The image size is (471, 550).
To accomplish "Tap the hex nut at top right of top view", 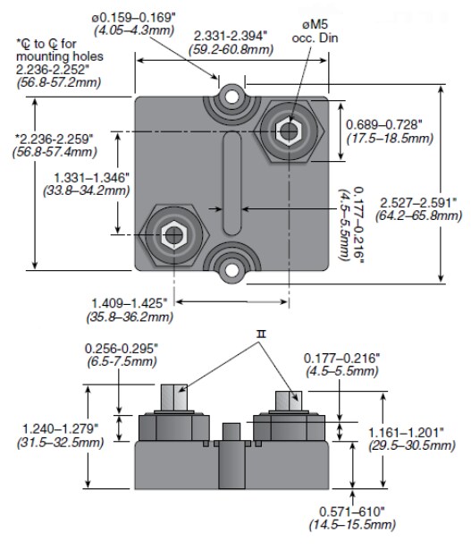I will point(287,132).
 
